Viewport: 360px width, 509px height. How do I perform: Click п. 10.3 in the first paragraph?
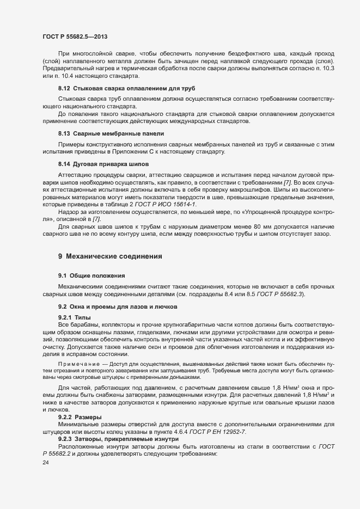[339, 68]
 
